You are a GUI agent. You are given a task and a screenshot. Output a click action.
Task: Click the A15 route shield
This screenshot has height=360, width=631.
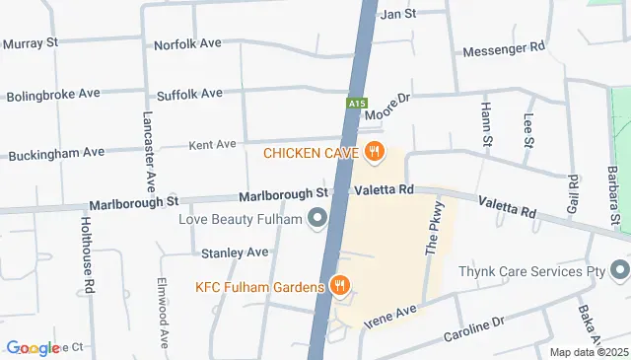[x=356, y=102]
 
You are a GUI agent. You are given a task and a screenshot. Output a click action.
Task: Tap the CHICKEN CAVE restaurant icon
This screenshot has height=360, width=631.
[x=374, y=152]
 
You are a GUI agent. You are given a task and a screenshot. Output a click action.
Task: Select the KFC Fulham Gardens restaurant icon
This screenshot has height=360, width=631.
[x=340, y=286]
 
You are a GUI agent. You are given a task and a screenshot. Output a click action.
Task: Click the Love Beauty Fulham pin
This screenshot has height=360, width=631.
[x=316, y=218]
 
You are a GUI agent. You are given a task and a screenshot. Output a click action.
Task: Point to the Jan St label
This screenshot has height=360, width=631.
[x=399, y=14]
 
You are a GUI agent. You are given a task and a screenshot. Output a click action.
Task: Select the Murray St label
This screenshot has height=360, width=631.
[x=32, y=43]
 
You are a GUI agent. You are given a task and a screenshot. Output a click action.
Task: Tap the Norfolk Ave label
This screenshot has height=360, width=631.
[x=187, y=44]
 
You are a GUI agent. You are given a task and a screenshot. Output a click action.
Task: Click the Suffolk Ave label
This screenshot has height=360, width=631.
[x=189, y=94]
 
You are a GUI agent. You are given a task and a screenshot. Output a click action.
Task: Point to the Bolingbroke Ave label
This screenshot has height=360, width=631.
[x=53, y=96]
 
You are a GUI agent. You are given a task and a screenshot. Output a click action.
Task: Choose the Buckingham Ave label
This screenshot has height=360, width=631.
[x=56, y=154]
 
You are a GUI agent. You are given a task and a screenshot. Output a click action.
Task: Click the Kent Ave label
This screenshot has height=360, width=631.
[x=213, y=144]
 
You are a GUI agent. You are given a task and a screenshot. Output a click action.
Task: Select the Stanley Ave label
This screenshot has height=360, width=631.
[x=235, y=252]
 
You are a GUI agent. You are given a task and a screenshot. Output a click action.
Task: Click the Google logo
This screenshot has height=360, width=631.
[x=33, y=347]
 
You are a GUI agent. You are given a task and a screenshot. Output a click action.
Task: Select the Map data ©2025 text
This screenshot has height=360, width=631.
[x=589, y=352]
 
